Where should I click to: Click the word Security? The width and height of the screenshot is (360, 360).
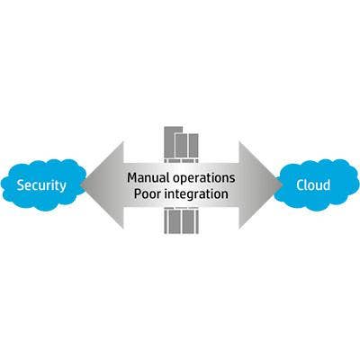coord(41,185)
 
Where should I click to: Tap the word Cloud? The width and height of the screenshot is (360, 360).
coord(313,184)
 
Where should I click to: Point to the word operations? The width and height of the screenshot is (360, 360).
coord(204,178)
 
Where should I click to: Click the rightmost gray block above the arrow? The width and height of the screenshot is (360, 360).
coord(193,146)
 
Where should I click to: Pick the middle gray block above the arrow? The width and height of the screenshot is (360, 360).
coord(181,146)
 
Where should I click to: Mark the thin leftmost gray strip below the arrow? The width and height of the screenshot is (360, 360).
coord(166,221)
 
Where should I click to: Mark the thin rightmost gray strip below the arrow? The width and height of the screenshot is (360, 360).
coord(197,221)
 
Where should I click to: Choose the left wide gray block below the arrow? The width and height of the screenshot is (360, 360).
coord(175,221)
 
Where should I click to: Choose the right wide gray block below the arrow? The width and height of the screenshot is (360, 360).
coord(188,221)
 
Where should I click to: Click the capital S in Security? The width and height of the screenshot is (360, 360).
coord(21,185)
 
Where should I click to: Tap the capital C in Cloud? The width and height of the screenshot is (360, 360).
coord(301,184)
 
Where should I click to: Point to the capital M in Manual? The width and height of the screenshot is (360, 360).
coord(132,177)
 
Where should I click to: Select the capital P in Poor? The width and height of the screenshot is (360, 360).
coord(138,193)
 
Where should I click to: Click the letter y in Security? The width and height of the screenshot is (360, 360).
coord(62,187)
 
